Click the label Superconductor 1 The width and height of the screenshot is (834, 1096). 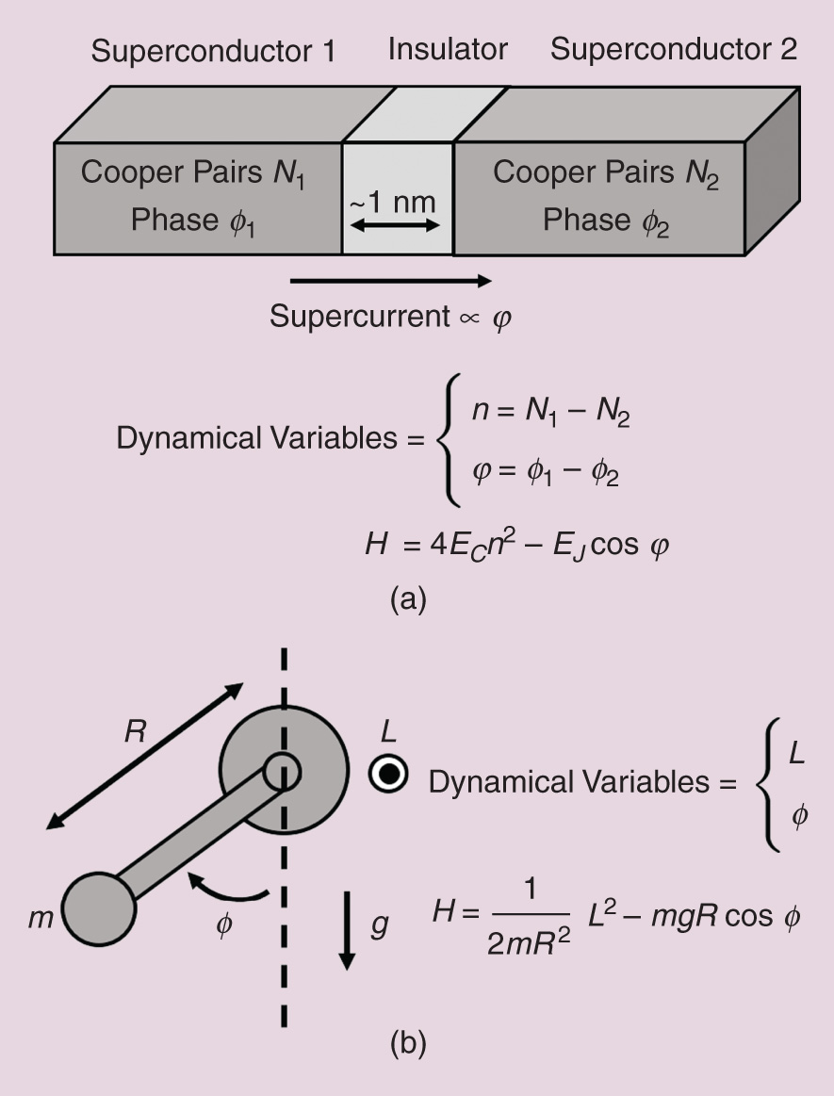(212, 51)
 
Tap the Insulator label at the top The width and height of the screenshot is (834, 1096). (448, 49)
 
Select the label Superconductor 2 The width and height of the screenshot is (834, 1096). (674, 49)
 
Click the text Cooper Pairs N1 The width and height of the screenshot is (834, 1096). (194, 173)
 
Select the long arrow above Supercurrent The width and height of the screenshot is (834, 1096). (390, 280)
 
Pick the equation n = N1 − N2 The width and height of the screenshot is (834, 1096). (550, 416)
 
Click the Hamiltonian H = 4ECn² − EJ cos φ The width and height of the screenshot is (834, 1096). (516, 546)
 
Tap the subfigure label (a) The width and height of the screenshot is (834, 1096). (408, 599)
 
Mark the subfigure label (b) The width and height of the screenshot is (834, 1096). (408, 1043)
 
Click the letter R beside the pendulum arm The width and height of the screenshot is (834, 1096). (135, 732)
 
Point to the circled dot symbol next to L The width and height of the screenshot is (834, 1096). (388, 775)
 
